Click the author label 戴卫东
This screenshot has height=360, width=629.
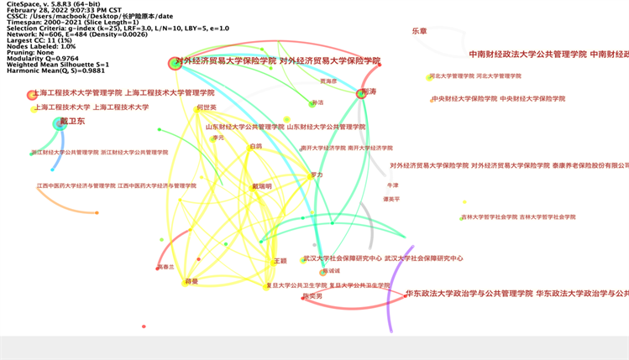pyautogui.click(x=73, y=123)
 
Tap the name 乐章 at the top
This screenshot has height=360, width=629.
pyautogui.click(x=419, y=30)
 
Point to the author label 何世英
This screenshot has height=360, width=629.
pyautogui.click(x=206, y=107)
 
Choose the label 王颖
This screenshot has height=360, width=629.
pyautogui.click(x=280, y=261)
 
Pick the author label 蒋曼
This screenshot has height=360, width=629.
pyautogui.click(x=191, y=281)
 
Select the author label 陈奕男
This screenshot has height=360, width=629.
pyautogui.click(x=312, y=296)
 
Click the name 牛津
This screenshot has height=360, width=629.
pyautogui.click(x=392, y=185)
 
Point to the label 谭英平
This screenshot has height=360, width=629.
pyautogui.click(x=391, y=199)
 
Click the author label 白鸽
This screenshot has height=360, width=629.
pyautogui.click(x=255, y=146)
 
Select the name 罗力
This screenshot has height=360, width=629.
pyautogui.click(x=317, y=175)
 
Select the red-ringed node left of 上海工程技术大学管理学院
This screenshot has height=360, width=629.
pyautogui.click(x=32, y=95)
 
